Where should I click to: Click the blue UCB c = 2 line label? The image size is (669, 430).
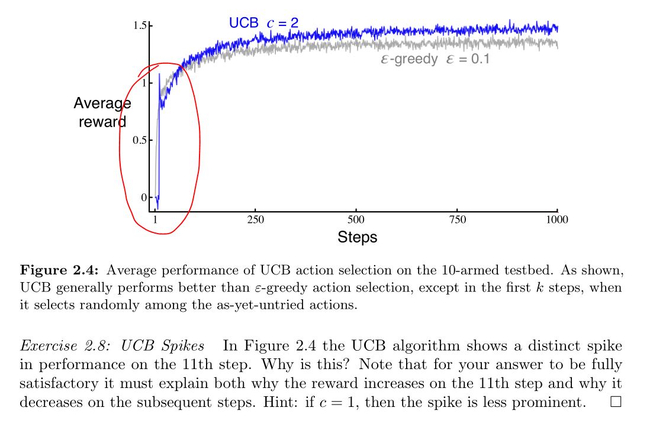[x=263, y=23]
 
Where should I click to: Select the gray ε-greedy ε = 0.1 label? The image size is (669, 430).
[x=435, y=59]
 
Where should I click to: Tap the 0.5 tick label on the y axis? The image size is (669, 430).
[x=139, y=140]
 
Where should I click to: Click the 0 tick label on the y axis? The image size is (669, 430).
[x=142, y=198]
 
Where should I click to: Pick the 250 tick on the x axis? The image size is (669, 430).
[x=255, y=219]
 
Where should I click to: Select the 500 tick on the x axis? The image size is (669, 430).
[x=356, y=219]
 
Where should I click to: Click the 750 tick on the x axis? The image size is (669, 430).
[x=457, y=219]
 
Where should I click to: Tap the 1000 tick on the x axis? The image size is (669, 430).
[x=557, y=219]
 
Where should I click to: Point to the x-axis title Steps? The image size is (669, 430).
[x=357, y=237]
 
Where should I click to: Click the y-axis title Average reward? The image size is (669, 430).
[x=102, y=112]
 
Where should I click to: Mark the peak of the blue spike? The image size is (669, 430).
[x=159, y=75]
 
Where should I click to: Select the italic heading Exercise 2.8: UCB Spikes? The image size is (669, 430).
[x=112, y=345]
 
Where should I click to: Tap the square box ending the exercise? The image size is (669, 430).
[x=616, y=402]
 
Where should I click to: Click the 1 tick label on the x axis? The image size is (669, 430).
[x=155, y=219]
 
